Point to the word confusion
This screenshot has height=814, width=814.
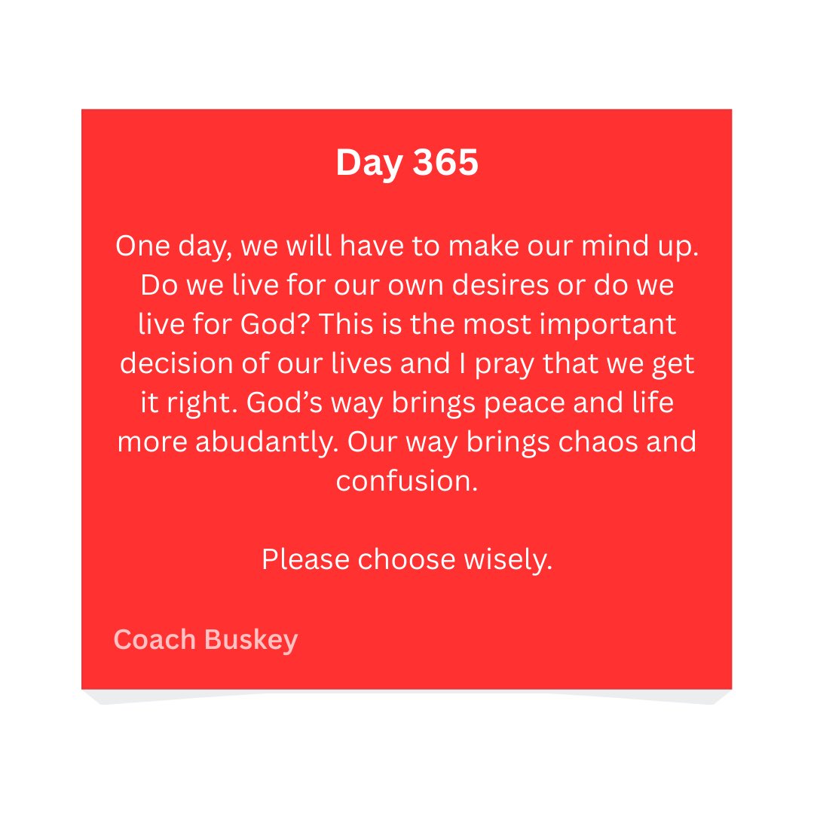[406, 481]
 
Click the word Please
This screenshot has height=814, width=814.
[305, 559]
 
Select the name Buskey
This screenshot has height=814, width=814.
[251, 641]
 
